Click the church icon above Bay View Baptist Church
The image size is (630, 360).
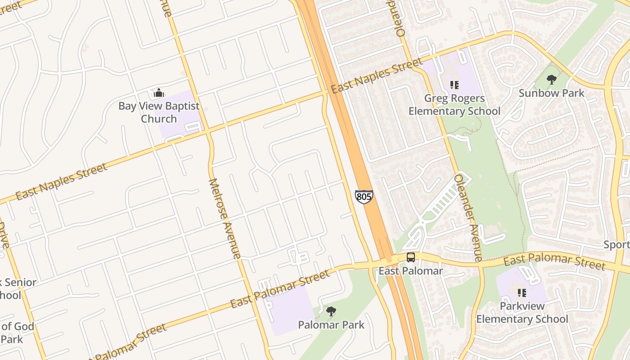[158, 93]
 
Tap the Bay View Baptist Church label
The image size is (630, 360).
[159, 112]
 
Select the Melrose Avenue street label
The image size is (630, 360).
[225, 219]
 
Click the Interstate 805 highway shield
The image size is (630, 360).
[364, 197]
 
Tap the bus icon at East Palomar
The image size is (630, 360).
[411, 257]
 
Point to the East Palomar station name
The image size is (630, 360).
[410, 271]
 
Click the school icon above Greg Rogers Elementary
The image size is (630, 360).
[454, 85]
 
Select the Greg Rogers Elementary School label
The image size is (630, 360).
[454, 104]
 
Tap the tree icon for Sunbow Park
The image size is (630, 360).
[551, 80]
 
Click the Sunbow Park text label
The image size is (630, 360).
[551, 93]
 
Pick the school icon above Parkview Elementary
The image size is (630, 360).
[522, 293]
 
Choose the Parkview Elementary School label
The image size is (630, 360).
[522, 313]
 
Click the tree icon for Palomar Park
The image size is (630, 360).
[331, 311]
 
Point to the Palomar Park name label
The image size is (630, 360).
[331, 324]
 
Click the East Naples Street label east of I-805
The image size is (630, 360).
[377, 75]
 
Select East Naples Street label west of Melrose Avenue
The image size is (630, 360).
[62, 181]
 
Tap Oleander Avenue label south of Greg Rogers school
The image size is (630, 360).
[468, 217]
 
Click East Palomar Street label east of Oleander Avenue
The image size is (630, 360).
[554, 261]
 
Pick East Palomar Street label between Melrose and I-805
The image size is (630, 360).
[280, 289]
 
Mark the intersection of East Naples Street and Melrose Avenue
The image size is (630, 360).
[207, 131]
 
